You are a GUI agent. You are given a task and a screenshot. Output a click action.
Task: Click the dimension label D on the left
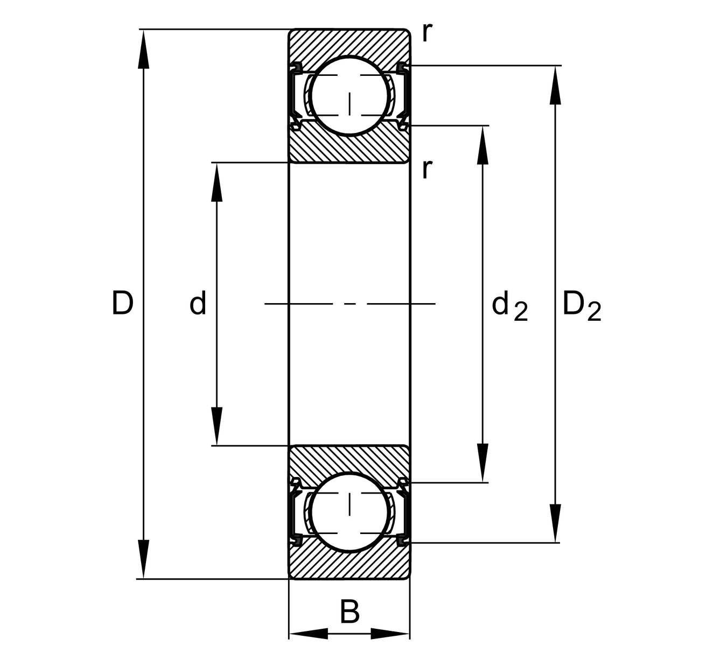coord(122,303)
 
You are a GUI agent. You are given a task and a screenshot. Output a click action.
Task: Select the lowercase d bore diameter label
coord(198,304)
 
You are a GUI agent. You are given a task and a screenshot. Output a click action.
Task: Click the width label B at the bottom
coord(349,612)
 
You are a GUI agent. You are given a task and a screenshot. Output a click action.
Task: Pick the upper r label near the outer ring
coord(427,33)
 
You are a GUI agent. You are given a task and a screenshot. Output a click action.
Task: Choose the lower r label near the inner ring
coord(427,170)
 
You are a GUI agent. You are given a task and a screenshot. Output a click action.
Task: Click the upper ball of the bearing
coord(349,96)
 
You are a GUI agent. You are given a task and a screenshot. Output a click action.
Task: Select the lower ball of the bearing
coord(349,512)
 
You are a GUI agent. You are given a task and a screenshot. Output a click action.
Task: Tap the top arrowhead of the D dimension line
coord(143,48)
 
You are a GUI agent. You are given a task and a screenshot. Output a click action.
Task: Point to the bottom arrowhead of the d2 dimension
coord(483,463)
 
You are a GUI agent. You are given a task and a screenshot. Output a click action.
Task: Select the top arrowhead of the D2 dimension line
coord(555,85)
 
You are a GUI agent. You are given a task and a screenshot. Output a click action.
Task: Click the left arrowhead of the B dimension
coord(309,634)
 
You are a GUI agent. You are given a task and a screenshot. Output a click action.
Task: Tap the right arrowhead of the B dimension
coord(390,634)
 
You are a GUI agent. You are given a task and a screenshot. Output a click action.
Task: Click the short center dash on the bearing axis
coord(350,304)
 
